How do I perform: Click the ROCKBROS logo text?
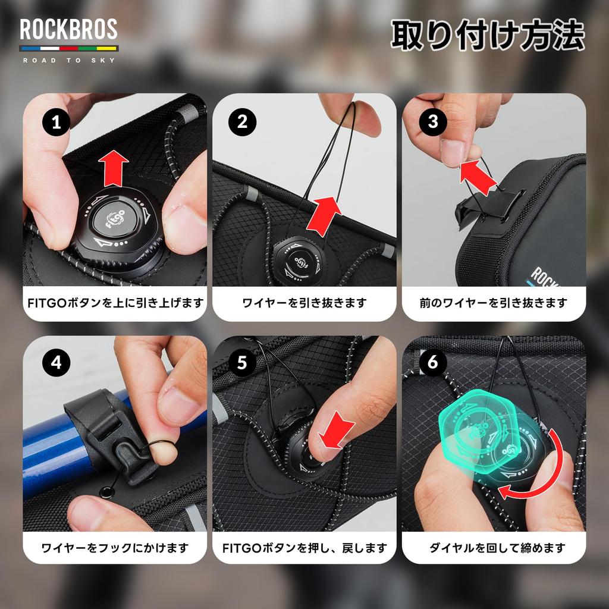68,30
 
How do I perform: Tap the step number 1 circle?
56,123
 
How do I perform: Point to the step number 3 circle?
432,121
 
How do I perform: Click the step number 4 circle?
56,363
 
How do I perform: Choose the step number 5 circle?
242,363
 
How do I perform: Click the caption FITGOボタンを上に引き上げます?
115,303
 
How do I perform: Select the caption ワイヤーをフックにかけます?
115,548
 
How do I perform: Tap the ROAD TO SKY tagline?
68,59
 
